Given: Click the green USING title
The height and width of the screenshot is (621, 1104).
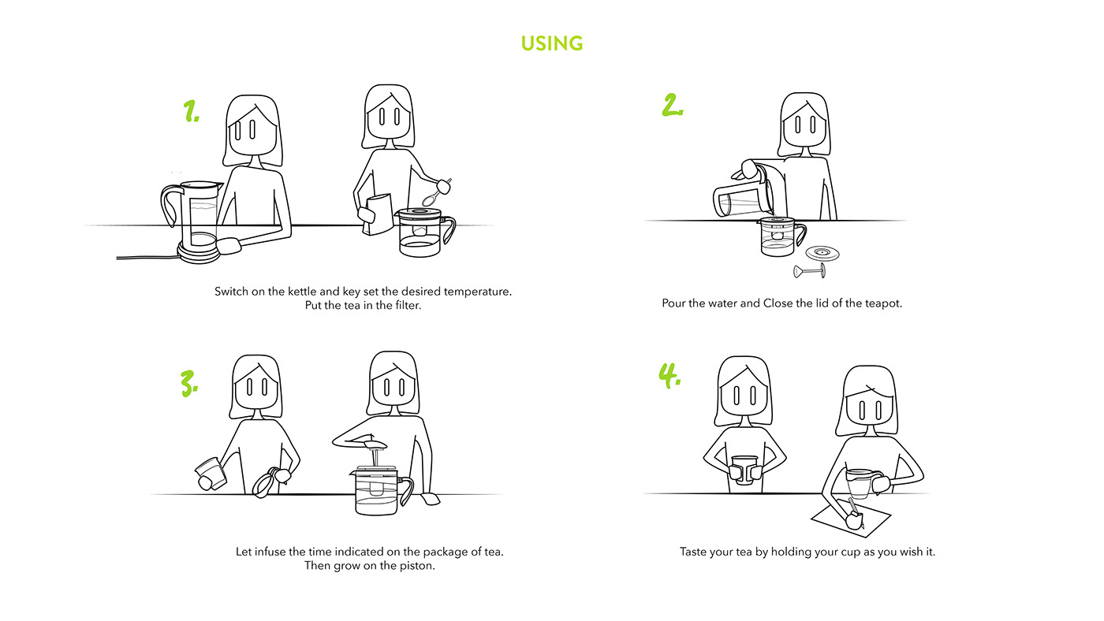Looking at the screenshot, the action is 552,43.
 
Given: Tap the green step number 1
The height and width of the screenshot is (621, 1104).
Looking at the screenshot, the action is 191,111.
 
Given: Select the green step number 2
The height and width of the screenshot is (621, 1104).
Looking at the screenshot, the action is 672,106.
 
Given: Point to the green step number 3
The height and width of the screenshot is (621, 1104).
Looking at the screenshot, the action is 189,384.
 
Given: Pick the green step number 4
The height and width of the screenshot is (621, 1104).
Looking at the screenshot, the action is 669,376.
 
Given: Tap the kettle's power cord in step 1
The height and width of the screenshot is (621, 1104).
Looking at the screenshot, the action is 148,257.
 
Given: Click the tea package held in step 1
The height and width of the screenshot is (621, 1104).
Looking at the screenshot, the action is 378,214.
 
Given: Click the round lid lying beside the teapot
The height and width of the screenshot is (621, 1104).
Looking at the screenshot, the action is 822,254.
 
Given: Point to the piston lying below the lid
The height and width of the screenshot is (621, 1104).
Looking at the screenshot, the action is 809,271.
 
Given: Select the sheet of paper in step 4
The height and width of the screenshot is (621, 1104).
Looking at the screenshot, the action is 851,520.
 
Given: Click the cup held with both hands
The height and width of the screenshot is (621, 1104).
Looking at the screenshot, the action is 744,470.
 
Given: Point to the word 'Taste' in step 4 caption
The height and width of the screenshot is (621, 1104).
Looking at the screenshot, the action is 692,552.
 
